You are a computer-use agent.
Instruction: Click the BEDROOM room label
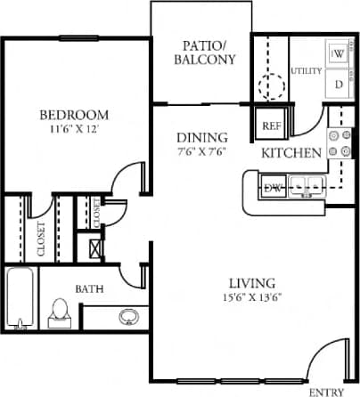click(75, 115)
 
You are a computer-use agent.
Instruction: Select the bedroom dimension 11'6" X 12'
click(75, 130)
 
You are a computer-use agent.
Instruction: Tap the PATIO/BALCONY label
click(209, 53)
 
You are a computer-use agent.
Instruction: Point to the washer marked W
click(339, 54)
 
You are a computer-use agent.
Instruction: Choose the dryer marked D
click(339, 84)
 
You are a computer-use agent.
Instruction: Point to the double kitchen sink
click(307, 187)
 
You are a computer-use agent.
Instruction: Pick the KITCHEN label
click(291, 153)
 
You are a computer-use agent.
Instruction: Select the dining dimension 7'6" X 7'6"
click(200, 152)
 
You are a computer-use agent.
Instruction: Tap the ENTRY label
click(325, 392)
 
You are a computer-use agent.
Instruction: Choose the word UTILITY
click(306, 71)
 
